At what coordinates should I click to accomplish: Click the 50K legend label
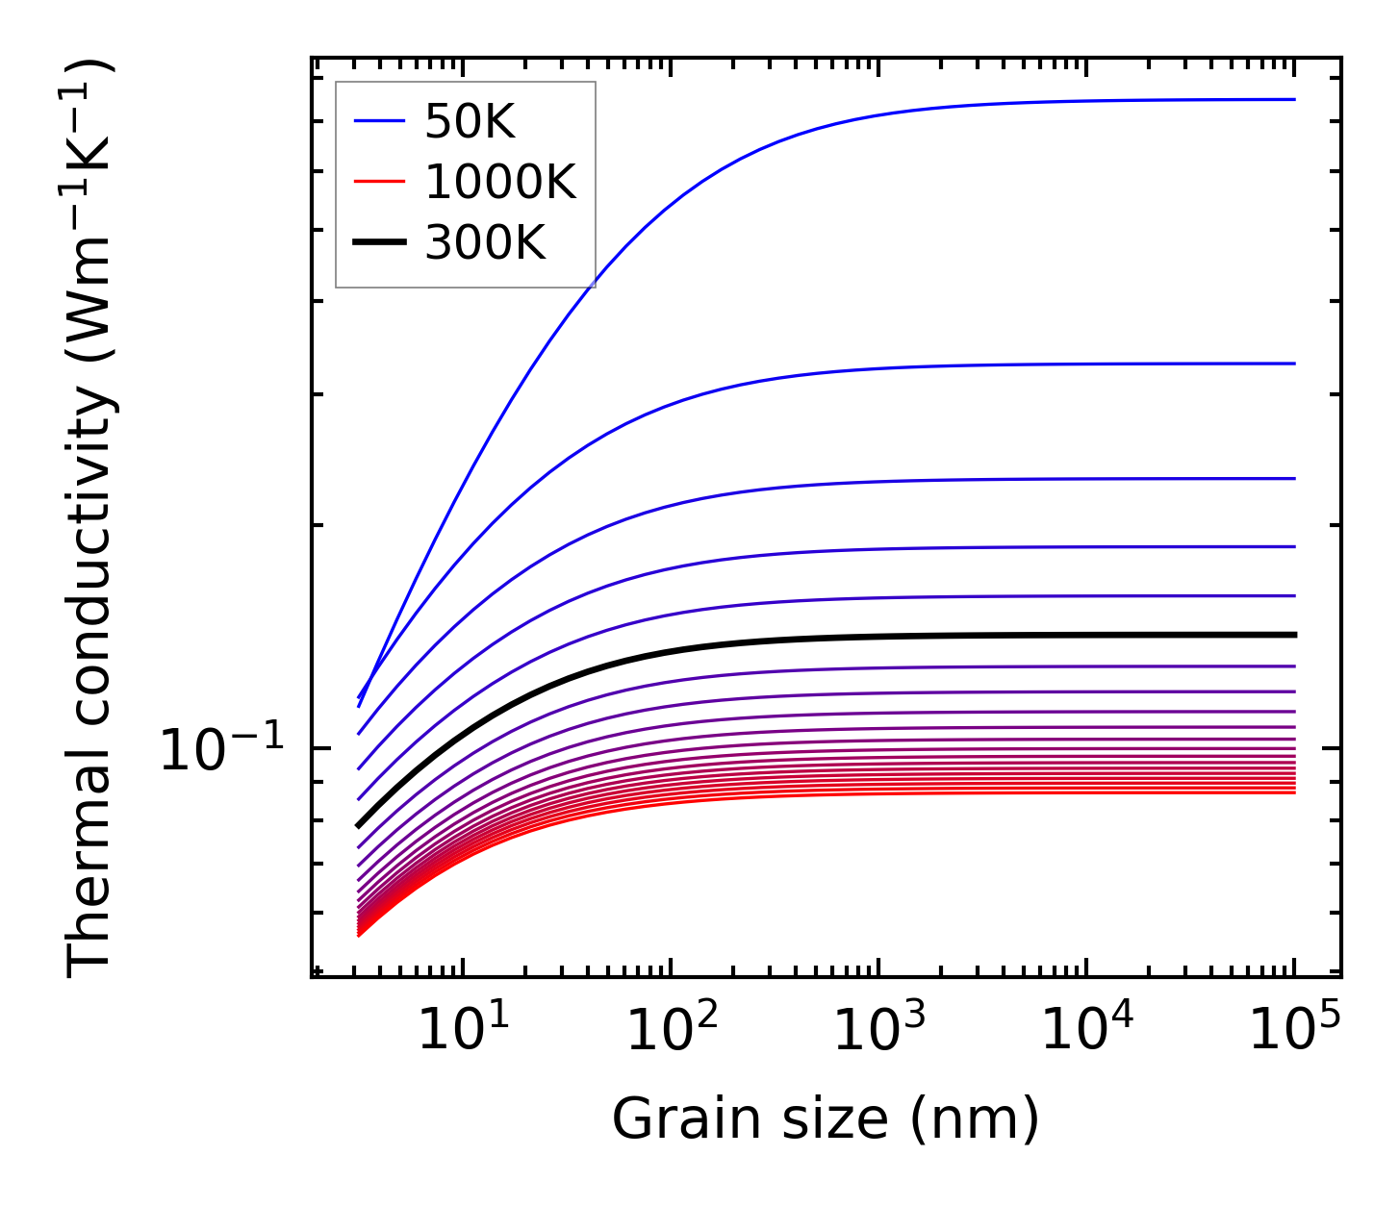point(470,122)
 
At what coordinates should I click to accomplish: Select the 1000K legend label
point(499,183)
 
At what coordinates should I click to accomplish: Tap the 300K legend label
point(485,244)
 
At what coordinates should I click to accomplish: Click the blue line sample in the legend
point(380,121)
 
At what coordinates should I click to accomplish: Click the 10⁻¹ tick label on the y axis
point(222,750)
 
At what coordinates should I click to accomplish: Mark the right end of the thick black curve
point(1295,635)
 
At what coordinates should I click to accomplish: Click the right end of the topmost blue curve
point(1295,99)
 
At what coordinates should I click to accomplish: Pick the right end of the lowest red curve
point(1295,791)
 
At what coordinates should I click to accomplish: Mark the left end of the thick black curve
point(359,825)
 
